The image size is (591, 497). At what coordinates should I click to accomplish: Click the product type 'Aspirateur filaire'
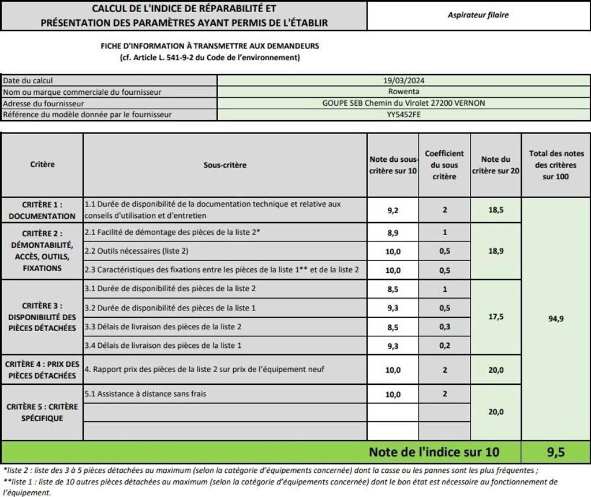[478, 15]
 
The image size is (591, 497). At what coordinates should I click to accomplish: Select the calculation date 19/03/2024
[403, 81]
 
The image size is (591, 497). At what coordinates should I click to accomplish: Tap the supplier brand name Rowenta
[403, 92]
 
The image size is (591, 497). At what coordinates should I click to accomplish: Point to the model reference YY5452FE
[403, 114]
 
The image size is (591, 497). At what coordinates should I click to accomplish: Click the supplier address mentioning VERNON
[403, 103]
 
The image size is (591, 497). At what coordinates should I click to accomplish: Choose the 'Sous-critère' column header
[225, 165]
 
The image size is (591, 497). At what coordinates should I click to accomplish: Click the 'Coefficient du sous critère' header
[444, 165]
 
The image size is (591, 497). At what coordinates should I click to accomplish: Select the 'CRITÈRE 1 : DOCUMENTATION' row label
[42, 210]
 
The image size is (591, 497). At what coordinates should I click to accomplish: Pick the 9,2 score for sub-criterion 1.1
[393, 210]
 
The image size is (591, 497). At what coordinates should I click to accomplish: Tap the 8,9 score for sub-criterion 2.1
[393, 232]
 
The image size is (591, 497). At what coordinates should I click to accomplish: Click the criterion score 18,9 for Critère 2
[496, 251]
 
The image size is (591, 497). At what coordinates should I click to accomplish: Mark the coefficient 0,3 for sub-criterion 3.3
[444, 327]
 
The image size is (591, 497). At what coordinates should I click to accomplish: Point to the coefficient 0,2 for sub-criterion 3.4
[444, 346]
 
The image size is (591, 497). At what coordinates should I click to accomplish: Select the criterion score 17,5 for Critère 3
[496, 317]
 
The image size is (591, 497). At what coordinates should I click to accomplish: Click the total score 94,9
[556, 318]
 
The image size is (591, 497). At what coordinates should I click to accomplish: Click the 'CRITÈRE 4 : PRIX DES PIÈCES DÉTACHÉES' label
[42, 370]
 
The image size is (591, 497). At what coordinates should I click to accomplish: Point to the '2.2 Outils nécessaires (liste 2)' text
[136, 251]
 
